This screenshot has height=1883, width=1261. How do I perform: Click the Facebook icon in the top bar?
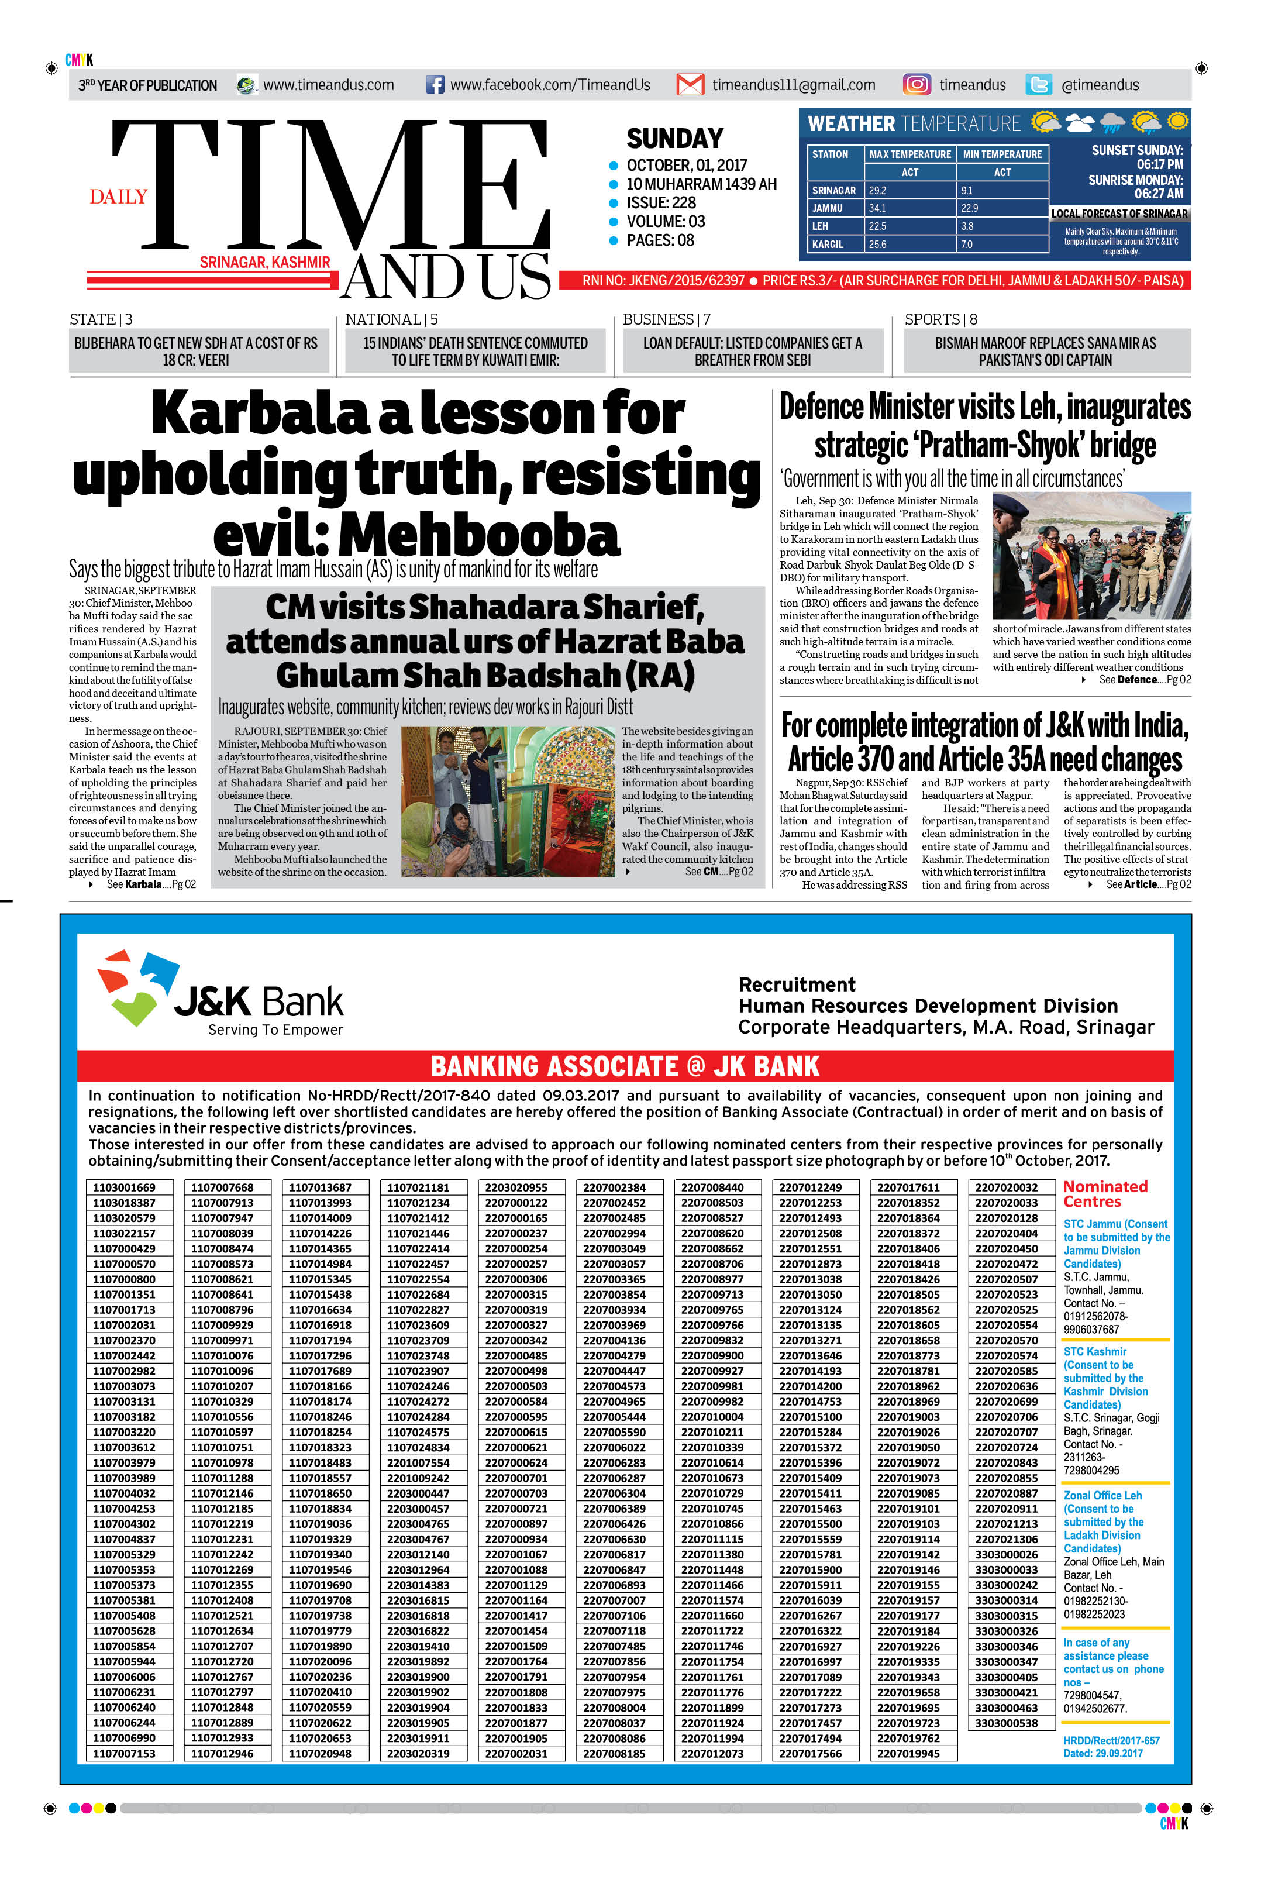434,84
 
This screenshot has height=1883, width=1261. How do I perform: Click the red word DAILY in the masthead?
118,197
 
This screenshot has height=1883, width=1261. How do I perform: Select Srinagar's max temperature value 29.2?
877,191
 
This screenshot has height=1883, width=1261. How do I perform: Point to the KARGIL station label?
828,244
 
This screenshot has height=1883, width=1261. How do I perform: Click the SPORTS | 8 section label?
940,319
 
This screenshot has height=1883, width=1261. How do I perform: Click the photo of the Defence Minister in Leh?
1091,556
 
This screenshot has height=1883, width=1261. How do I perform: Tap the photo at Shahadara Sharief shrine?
508,801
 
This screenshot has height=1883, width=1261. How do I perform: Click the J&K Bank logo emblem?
137,986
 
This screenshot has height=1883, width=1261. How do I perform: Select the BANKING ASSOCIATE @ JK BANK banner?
625,1066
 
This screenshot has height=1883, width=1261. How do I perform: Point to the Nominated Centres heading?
1105,1194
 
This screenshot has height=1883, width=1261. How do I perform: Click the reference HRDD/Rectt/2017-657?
1111,1741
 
